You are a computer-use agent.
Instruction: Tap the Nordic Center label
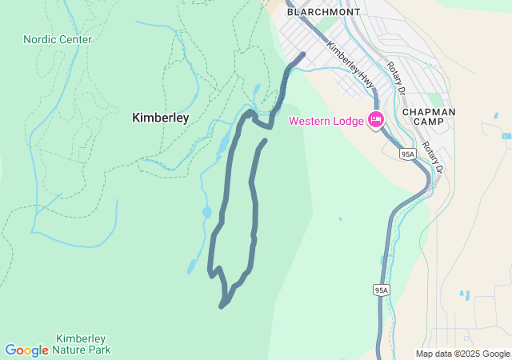[x=58, y=39]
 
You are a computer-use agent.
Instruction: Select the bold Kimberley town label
[x=160, y=118]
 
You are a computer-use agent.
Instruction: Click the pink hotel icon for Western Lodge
[x=375, y=121]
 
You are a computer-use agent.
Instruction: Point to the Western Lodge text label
[x=325, y=122]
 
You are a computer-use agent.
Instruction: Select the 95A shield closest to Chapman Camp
[x=407, y=154]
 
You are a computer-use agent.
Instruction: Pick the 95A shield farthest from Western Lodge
[x=381, y=290]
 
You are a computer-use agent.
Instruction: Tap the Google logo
[x=26, y=350]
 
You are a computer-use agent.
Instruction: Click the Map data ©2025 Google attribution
[x=462, y=354]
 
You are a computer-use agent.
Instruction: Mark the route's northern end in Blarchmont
[x=303, y=54]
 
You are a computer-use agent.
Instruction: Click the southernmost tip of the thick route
[x=222, y=306]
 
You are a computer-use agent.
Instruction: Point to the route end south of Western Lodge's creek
[x=264, y=141]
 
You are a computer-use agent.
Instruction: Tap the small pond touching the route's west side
[x=206, y=213]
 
